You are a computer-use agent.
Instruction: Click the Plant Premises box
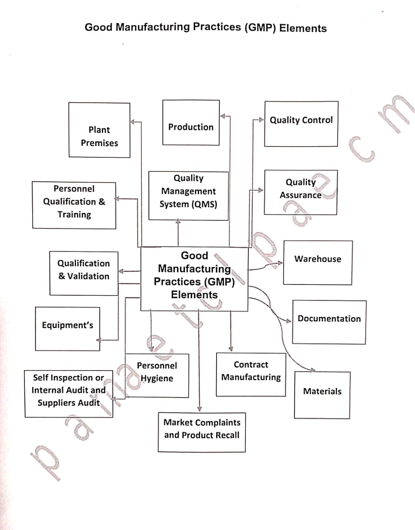[99, 130]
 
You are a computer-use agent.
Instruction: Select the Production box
[191, 123]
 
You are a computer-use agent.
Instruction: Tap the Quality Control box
[301, 124]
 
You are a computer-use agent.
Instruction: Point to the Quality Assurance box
[301, 192]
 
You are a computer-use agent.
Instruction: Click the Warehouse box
[317, 263]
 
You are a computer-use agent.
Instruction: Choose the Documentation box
[329, 322]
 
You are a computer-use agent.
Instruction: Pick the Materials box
[322, 395]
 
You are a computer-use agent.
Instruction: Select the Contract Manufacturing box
[250, 374]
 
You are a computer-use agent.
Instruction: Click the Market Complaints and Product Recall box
[202, 432]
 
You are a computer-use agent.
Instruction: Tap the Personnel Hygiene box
[157, 375]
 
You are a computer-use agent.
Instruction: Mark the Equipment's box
[67, 329]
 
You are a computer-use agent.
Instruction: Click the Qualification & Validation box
[83, 273]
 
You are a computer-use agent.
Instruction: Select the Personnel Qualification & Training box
[74, 205]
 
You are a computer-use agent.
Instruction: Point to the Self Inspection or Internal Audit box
[68, 394]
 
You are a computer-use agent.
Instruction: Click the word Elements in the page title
[303, 28]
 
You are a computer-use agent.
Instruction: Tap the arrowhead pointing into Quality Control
[262, 120]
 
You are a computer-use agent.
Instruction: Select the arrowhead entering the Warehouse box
[281, 263]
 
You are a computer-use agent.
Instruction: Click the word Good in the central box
[194, 255]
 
